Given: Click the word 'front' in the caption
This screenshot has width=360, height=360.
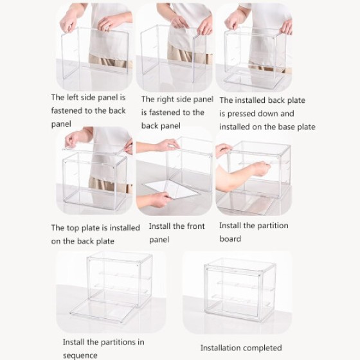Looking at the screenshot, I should tap(195, 226).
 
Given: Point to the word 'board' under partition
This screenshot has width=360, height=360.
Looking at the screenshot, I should tap(230, 239).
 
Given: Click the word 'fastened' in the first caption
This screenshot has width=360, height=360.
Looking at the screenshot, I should tap(66, 111).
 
